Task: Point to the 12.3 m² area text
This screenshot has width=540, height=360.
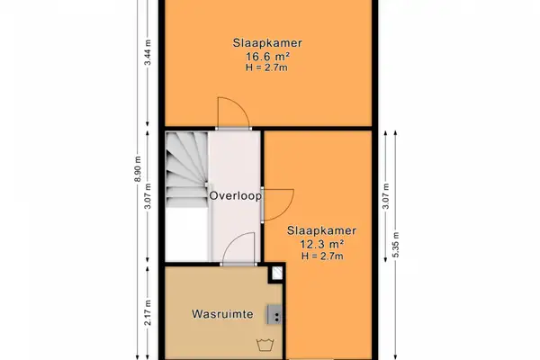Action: coord(321,244)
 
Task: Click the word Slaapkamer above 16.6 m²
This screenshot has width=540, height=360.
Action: coord(265,41)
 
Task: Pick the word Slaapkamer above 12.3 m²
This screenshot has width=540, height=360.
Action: coord(321,230)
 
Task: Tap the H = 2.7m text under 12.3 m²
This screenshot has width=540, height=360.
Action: coord(321,256)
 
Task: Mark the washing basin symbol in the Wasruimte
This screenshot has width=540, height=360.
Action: coord(265,343)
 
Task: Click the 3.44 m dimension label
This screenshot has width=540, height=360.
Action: coord(145,63)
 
